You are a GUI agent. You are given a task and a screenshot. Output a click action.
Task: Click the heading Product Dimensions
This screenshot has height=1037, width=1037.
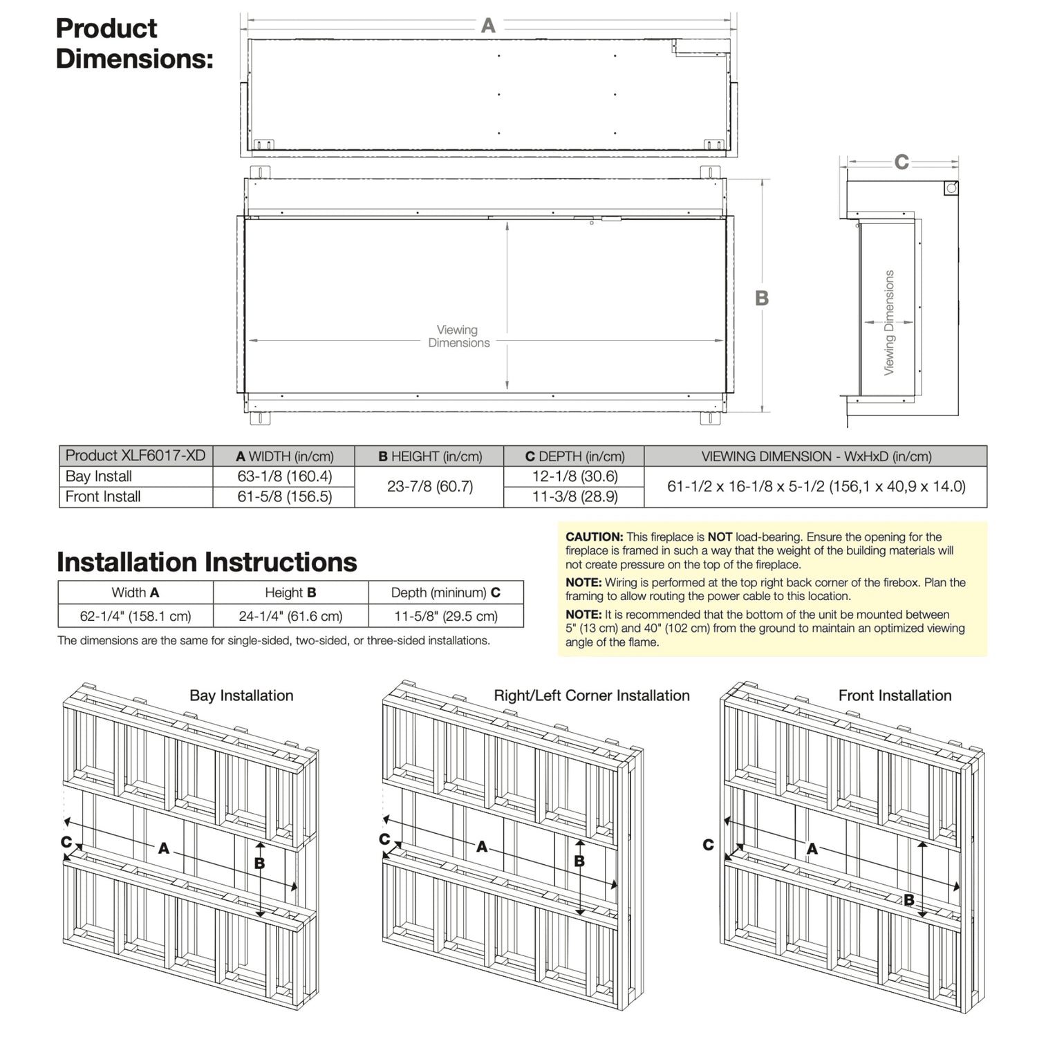pyautogui.click(x=134, y=43)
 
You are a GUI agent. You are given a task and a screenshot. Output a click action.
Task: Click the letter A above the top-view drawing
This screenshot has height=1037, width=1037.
pyautogui.click(x=488, y=26)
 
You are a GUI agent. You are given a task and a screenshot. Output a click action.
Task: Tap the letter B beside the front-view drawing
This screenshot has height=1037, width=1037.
pyautogui.click(x=762, y=298)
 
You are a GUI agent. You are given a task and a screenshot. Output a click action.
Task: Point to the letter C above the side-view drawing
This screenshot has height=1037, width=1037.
pyautogui.click(x=901, y=162)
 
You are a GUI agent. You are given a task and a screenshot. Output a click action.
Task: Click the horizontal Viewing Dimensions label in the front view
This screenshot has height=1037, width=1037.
pyautogui.click(x=458, y=337)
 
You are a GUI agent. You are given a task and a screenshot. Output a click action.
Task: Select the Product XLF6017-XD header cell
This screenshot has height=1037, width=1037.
pyautogui.click(x=136, y=456)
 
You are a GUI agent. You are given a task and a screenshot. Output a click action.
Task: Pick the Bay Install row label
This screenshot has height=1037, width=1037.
pyautogui.click(x=99, y=476)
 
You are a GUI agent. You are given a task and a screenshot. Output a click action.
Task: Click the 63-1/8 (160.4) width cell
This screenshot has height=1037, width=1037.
pyautogui.click(x=285, y=476)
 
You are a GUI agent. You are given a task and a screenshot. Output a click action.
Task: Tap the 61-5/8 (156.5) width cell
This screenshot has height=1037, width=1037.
pyautogui.click(x=285, y=496)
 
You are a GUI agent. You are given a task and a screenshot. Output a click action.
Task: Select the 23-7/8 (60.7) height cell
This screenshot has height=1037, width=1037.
pyautogui.click(x=430, y=487)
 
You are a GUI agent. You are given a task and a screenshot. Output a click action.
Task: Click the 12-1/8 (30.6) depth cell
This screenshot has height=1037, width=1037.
pyautogui.click(x=575, y=476)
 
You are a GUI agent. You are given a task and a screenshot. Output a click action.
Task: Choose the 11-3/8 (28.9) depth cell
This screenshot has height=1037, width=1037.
pyautogui.click(x=575, y=496)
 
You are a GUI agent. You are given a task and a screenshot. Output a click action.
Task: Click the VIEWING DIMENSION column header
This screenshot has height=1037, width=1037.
pyautogui.click(x=816, y=456)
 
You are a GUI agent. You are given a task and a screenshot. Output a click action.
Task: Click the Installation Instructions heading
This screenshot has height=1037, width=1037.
pyautogui.click(x=207, y=562)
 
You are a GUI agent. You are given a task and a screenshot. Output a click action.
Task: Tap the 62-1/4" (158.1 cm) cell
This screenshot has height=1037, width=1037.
pyautogui.click(x=136, y=616)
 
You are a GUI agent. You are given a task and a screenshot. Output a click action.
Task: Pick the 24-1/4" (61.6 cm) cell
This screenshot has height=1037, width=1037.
pyautogui.click(x=290, y=616)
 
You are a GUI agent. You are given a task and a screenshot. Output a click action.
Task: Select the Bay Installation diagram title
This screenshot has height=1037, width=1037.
pyautogui.click(x=241, y=695)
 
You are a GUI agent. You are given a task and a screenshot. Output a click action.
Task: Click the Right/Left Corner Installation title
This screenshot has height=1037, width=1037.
pyautogui.click(x=592, y=695)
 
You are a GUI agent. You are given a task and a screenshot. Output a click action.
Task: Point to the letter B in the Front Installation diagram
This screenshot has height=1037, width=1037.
pyautogui.click(x=909, y=900)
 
